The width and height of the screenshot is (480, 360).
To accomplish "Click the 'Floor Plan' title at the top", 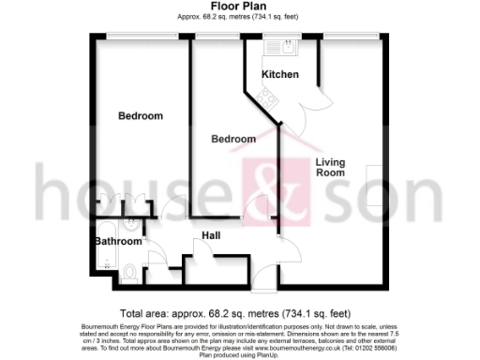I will tap(239, 7).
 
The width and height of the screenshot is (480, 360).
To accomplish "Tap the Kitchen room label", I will tap(279, 74).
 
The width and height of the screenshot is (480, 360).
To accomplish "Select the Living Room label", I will tap(329, 167).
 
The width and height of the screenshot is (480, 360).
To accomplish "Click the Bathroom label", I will tap(117, 241).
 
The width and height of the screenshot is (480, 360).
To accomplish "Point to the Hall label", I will tap(211, 235).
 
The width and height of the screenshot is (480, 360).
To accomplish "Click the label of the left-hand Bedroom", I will tap(140, 116).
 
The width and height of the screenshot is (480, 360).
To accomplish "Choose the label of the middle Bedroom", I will tap(232, 139).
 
